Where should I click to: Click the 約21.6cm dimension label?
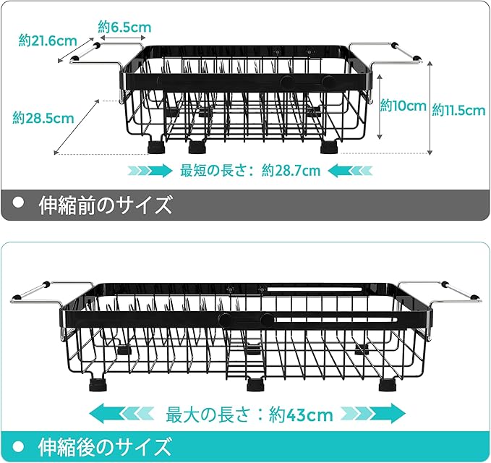(48, 41)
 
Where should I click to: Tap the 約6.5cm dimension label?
(124, 27)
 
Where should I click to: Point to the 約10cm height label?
(404, 106)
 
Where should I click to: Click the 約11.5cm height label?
(458, 110)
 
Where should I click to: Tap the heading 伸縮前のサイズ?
(106, 205)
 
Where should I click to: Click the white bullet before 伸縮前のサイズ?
(20, 203)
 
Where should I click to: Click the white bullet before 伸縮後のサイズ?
(20, 444)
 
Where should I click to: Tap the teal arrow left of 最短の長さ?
(149, 171)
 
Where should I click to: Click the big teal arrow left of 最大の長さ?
(123, 415)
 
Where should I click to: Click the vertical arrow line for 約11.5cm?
(431, 109)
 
